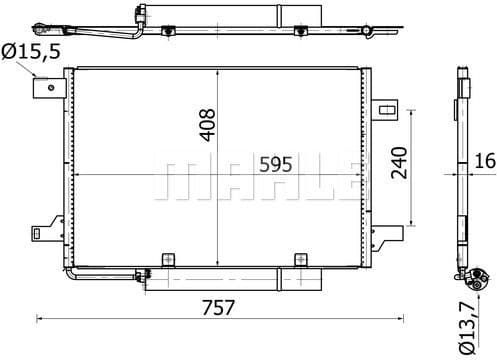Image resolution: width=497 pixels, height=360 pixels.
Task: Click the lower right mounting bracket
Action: [384, 235]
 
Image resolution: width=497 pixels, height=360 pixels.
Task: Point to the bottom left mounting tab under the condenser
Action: [168, 261]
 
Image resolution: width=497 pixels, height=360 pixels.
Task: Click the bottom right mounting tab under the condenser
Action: [298, 261]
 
